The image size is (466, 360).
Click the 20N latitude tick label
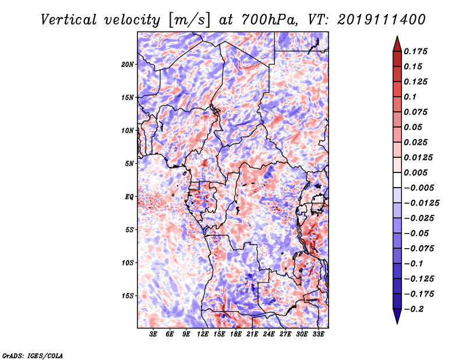(128, 65)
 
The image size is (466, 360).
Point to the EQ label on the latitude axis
(129, 197)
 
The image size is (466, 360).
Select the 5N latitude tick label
(129, 164)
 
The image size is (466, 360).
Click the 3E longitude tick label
(153, 334)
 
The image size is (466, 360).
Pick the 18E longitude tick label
(235, 334)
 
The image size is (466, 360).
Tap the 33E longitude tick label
(318, 334)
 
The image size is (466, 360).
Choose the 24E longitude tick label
(269, 334)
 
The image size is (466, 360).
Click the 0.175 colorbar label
(415, 51)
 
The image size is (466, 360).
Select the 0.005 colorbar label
(415, 172)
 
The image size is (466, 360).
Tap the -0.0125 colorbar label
(421, 203)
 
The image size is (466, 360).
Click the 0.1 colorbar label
(410, 97)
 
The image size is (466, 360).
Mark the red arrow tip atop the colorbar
(397, 37)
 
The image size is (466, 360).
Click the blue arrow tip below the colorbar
(397, 323)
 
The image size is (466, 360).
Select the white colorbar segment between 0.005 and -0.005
(397, 180)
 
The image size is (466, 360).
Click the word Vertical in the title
(69, 20)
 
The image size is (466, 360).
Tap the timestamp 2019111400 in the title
(382, 20)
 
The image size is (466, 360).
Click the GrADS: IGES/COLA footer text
(33, 356)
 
